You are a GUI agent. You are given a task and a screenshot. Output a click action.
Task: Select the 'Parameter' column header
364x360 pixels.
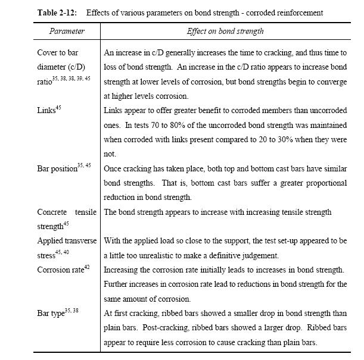[x=67, y=31]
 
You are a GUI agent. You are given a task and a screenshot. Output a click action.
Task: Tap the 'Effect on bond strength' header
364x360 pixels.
[x=225, y=31]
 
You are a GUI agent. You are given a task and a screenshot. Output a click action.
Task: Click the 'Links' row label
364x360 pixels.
[x=46, y=110]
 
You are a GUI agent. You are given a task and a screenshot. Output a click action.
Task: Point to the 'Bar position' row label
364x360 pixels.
[x=57, y=168]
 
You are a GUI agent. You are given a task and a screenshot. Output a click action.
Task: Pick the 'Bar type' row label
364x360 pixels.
[x=51, y=313]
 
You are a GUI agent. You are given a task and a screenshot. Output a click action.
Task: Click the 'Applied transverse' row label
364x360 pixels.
[x=66, y=241]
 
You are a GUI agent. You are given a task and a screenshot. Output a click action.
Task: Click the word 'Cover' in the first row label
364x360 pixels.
[x=48, y=53]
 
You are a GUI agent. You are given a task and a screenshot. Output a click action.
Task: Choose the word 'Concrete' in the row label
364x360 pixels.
[x=52, y=212]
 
